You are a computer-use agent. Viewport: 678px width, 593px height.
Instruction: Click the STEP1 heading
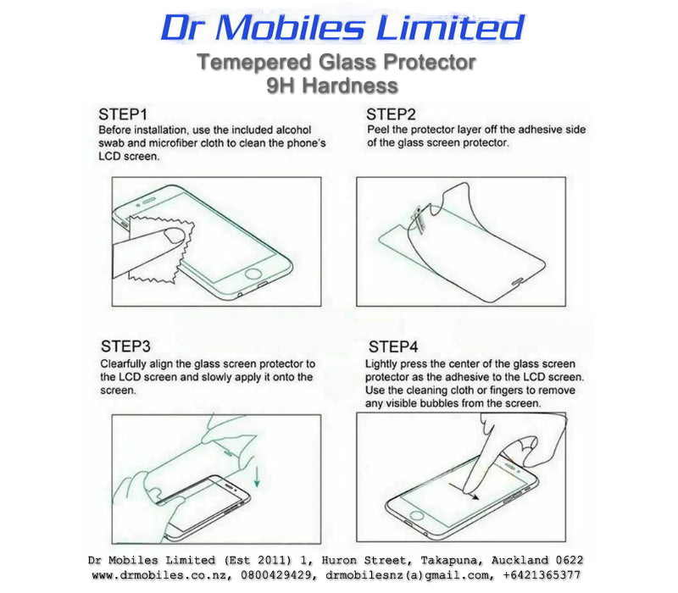[x=123, y=114]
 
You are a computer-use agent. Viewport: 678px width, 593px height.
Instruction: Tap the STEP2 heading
[x=391, y=114]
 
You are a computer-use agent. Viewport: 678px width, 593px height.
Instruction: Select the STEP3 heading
[x=125, y=346]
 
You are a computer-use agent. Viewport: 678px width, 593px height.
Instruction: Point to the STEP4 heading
[x=393, y=346]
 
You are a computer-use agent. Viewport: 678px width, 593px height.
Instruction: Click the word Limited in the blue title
[x=450, y=28]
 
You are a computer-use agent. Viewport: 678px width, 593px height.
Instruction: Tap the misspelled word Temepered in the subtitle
[x=255, y=63]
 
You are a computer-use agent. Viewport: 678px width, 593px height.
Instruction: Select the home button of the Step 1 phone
[x=253, y=274]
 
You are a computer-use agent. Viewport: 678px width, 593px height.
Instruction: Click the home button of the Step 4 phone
[x=417, y=515]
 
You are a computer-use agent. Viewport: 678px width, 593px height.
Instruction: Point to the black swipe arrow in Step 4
[x=464, y=492]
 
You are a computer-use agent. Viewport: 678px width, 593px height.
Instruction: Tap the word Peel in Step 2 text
[x=377, y=130]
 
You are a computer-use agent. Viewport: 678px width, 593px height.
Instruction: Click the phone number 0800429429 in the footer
[x=276, y=575]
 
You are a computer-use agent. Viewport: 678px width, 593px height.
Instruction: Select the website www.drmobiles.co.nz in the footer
[x=163, y=575]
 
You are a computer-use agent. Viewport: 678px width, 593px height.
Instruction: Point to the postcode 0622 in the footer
[x=569, y=560]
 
